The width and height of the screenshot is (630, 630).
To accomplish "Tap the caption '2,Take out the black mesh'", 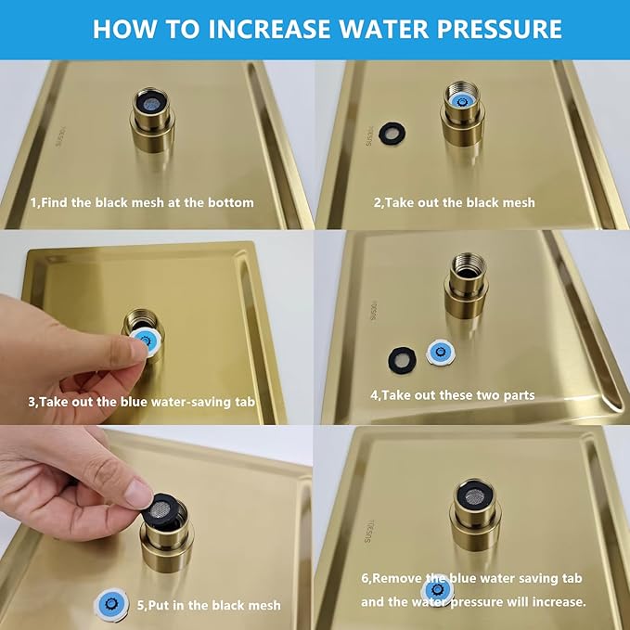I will click(454, 201).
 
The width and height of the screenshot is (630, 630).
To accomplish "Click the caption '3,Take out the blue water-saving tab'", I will click(142, 402).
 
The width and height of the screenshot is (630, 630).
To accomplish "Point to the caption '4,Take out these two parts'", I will click(452, 394).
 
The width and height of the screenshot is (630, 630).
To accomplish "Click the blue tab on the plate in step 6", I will click(436, 590).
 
